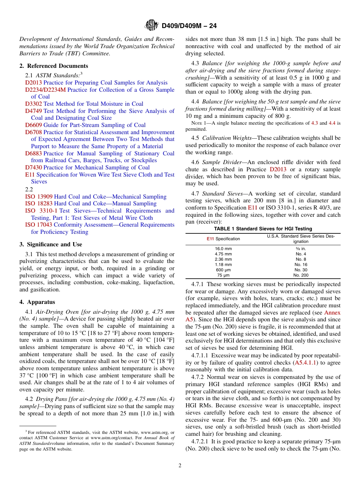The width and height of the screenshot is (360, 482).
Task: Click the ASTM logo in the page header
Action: pyautogui.click(x=152, y=26)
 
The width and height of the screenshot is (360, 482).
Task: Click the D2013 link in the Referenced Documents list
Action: pyautogui.click(x=34, y=83)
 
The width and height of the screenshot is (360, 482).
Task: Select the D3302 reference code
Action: pyautogui.click(x=34, y=104)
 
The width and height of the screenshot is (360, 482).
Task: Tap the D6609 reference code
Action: pyautogui.click(x=34, y=125)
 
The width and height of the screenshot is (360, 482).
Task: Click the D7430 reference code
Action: pyautogui.click(x=34, y=167)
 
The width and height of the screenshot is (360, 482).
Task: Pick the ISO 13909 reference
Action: pyautogui.click(x=39, y=197)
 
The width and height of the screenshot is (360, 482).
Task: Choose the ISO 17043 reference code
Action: pyautogui.click(x=39, y=225)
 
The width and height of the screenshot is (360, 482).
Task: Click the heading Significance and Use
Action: pyautogui.click(x=50, y=244)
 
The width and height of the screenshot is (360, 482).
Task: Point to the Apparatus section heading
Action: pyautogui.click(x=37, y=302)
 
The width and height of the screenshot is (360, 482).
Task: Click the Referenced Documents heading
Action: pyautogui.click(x=53, y=66)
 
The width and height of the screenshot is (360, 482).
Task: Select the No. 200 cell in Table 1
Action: pyautogui.click(x=301, y=275)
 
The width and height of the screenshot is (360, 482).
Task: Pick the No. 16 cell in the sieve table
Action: pyautogui.click(x=301, y=264)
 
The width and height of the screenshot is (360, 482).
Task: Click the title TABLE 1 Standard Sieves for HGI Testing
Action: pyautogui.click(x=263, y=228)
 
